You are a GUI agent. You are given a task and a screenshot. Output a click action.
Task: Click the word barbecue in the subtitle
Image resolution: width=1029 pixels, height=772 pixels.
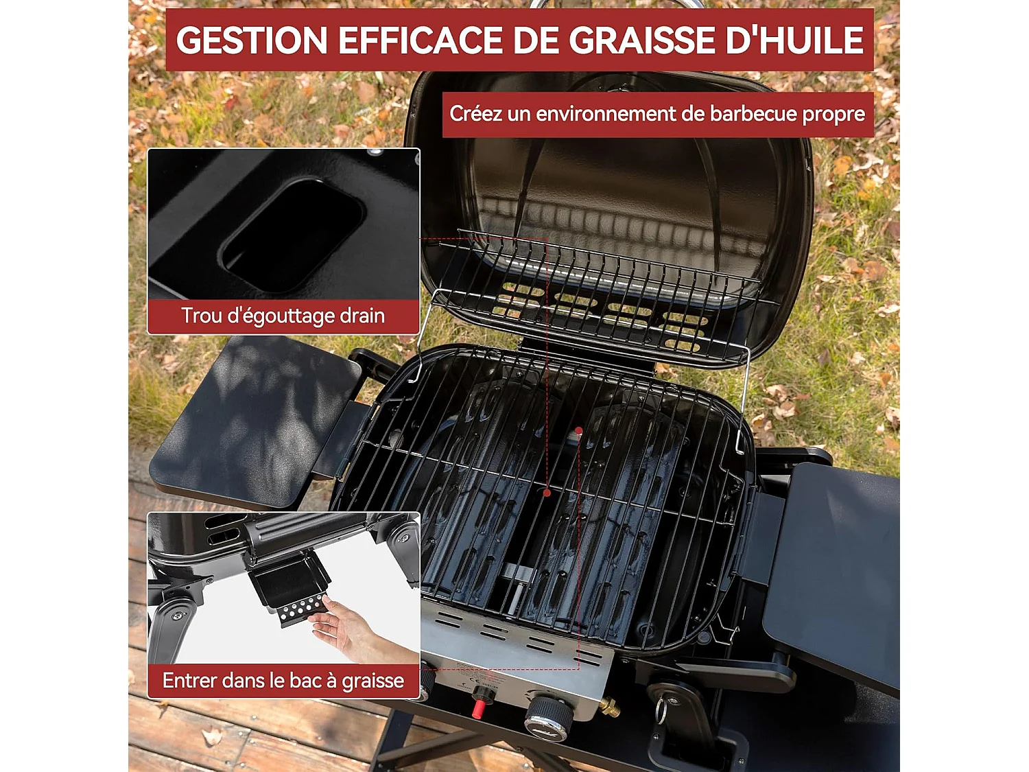click(753, 114)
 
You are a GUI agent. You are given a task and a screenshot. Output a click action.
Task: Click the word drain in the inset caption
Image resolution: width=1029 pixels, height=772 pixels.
click(362, 316)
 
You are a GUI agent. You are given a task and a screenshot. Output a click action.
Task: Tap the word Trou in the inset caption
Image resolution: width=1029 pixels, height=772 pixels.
click(201, 316)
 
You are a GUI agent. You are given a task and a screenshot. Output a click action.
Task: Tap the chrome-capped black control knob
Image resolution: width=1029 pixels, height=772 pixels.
click(549, 718)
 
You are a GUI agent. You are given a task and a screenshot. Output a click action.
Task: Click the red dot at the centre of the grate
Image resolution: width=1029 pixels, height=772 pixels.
click(547, 493)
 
